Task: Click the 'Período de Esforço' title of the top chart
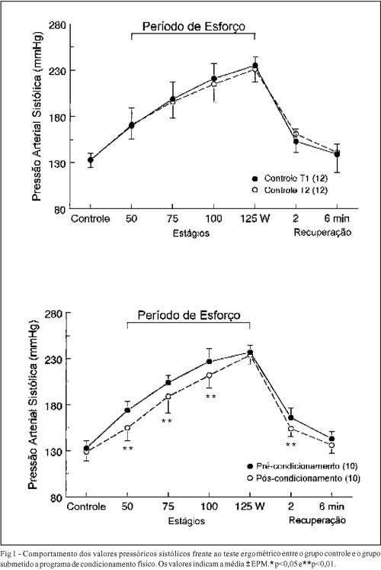point(194,27)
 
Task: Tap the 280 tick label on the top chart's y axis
point(57,25)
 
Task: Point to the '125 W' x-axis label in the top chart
point(255,218)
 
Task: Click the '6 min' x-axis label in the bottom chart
point(331,506)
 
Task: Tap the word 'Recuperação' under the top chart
point(322,232)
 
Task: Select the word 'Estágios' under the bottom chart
point(187,520)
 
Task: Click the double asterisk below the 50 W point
point(127,449)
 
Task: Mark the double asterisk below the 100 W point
point(210,396)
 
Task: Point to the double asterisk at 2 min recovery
point(290,445)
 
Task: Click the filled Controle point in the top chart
point(91,159)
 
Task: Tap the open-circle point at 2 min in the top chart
point(296,134)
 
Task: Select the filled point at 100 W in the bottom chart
point(209,362)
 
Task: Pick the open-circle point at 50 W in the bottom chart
point(127,428)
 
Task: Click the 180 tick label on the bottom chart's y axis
point(53,404)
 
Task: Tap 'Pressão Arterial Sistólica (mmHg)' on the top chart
point(37,116)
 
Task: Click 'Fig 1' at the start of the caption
point(7,554)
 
